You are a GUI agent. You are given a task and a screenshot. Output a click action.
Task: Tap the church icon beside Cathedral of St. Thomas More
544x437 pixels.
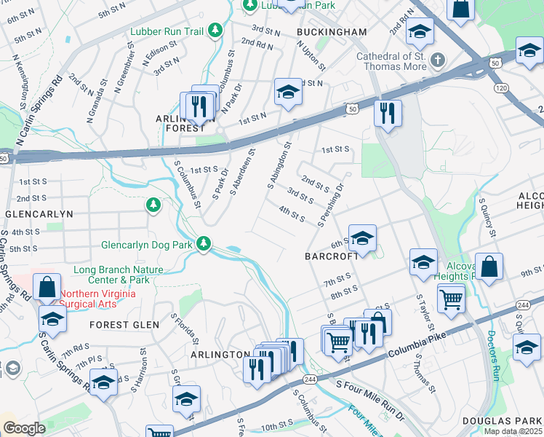(437, 58)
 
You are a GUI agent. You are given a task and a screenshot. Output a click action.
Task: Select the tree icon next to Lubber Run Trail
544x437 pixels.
(215, 31)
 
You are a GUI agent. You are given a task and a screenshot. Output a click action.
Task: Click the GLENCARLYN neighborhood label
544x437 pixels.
(39, 214)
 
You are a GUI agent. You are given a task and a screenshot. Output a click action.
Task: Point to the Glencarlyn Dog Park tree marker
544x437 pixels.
(206, 244)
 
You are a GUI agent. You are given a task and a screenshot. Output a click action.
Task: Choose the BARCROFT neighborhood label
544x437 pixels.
(332, 256)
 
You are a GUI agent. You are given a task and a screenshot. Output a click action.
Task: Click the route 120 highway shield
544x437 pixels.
(500, 87)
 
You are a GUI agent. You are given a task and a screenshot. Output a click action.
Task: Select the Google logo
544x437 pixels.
(23, 428)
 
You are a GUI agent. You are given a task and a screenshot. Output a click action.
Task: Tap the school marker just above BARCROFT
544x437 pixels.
(362, 239)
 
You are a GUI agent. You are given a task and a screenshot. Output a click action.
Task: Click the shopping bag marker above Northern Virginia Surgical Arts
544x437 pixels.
(47, 288)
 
